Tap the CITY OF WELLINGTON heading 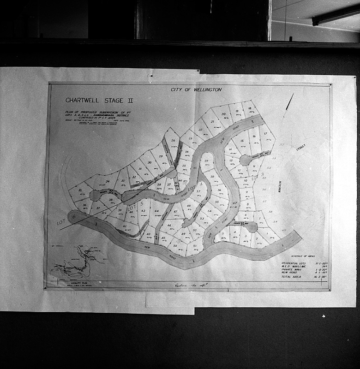[x=196, y=89]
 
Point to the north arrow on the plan [x=290, y=101]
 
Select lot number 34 [x=108, y=181]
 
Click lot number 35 [x=81, y=190]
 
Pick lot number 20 [x=224, y=114]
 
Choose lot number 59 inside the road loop [x=206, y=161]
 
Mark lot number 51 [x=195, y=246]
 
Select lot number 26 [x=173, y=141]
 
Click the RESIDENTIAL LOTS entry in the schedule [x=296, y=263]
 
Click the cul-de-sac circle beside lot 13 [x=245, y=160]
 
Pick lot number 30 [x=149, y=162]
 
